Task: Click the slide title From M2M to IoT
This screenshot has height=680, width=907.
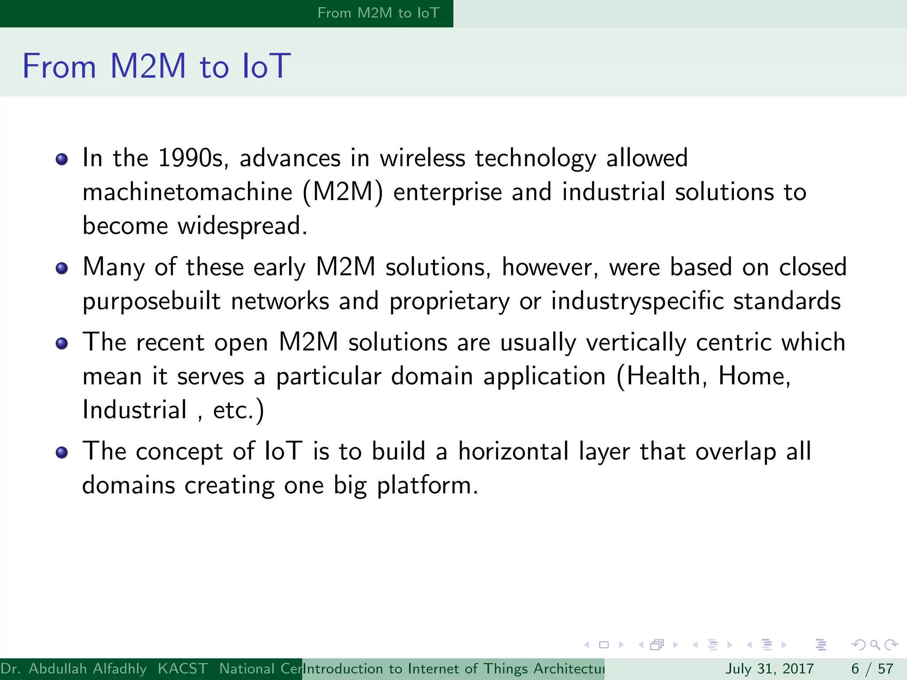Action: click(156, 66)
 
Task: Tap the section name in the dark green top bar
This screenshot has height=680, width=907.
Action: click(378, 13)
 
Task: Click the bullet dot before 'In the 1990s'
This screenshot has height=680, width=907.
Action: click(62, 159)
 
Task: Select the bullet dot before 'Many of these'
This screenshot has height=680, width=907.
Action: click(62, 268)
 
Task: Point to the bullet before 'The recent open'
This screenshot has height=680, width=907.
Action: click(62, 344)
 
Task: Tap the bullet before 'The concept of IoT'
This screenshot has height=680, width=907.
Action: click(62, 452)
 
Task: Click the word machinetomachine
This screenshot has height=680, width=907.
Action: click(187, 192)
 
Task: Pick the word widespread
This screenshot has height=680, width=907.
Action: click(242, 226)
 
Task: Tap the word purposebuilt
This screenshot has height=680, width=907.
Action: click(151, 301)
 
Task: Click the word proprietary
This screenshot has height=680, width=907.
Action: click(449, 301)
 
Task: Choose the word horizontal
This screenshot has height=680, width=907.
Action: click(513, 452)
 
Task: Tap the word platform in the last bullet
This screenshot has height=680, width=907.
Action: click(427, 486)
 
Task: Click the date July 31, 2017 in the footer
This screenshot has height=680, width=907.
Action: click(769, 668)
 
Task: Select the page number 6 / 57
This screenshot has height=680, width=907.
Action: click(872, 668)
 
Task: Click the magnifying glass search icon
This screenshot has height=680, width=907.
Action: click(875, 645)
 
